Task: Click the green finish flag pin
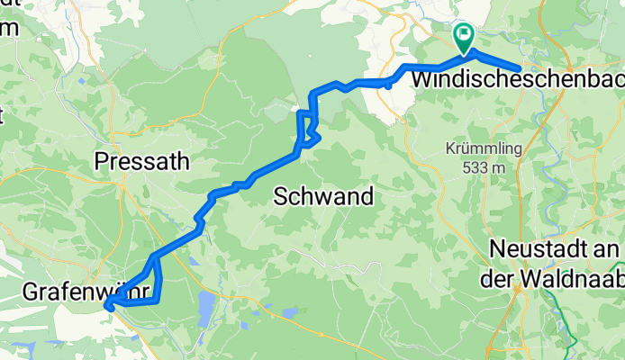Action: pyautogui.click(x=465, y=37)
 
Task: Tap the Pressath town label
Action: pyautogui.click(x=142, y=162)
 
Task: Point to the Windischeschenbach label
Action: pyautogui.click(x=517, y=80)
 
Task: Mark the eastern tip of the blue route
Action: pyautogui.click(x=520, y=68)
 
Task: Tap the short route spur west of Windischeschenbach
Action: pyautogui.click(x=388, y=85)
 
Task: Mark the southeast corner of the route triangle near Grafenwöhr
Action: pyautogui.click(x=159, y=301)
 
